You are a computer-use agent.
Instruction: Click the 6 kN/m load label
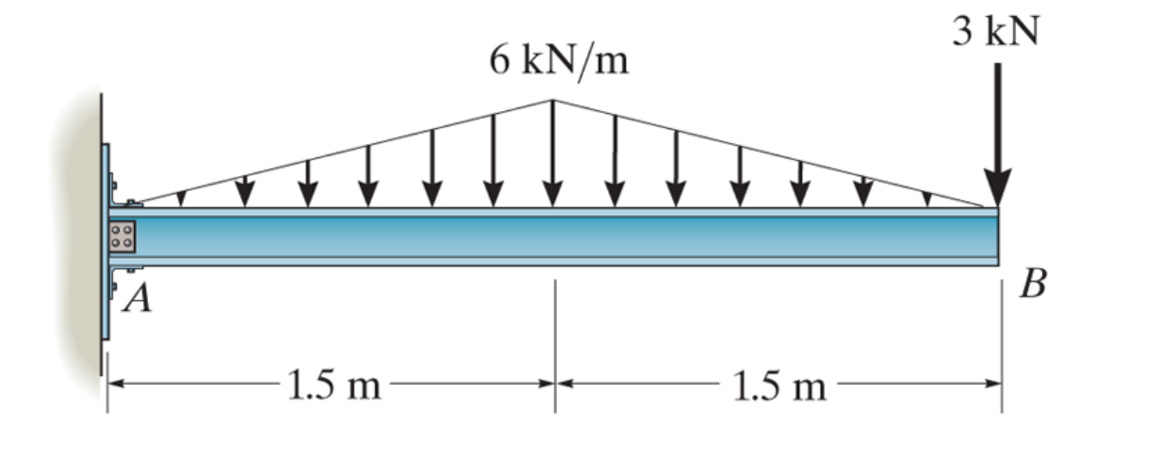[558, 63]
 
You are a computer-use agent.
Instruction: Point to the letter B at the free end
[1033, 284]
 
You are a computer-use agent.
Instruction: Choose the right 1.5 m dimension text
[778, 386]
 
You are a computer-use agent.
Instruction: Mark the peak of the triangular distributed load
[553, 100]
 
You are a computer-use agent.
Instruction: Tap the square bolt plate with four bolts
[123, 236]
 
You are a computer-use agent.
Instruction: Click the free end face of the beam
[997, 237]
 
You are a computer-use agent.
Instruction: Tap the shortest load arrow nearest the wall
[182, 199]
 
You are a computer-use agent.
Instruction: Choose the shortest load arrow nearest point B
[927, 198]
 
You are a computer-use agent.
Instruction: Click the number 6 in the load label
[498, 63]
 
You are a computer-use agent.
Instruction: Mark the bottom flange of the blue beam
[565, 261]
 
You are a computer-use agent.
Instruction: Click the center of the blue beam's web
[565, 237]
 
